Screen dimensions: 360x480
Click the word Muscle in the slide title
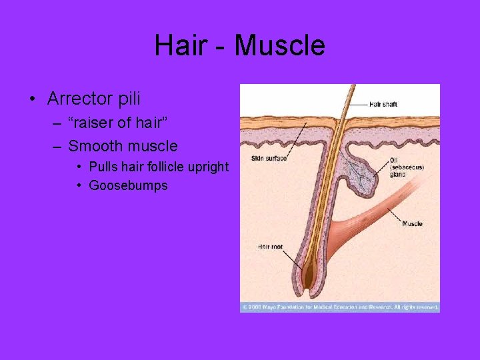coord(280,46)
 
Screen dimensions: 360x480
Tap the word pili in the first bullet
coord(127,99)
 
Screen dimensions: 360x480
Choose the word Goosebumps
coord(128,185)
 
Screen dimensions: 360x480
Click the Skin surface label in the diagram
coord(269,158)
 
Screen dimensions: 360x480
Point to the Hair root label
coord(270,247)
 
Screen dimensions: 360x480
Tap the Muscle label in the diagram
coord(412,223)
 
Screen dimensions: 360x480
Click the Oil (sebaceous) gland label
coord(407,167)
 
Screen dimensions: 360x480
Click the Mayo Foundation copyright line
coord(340,307)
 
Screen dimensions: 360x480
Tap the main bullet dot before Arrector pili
coord(32,100)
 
